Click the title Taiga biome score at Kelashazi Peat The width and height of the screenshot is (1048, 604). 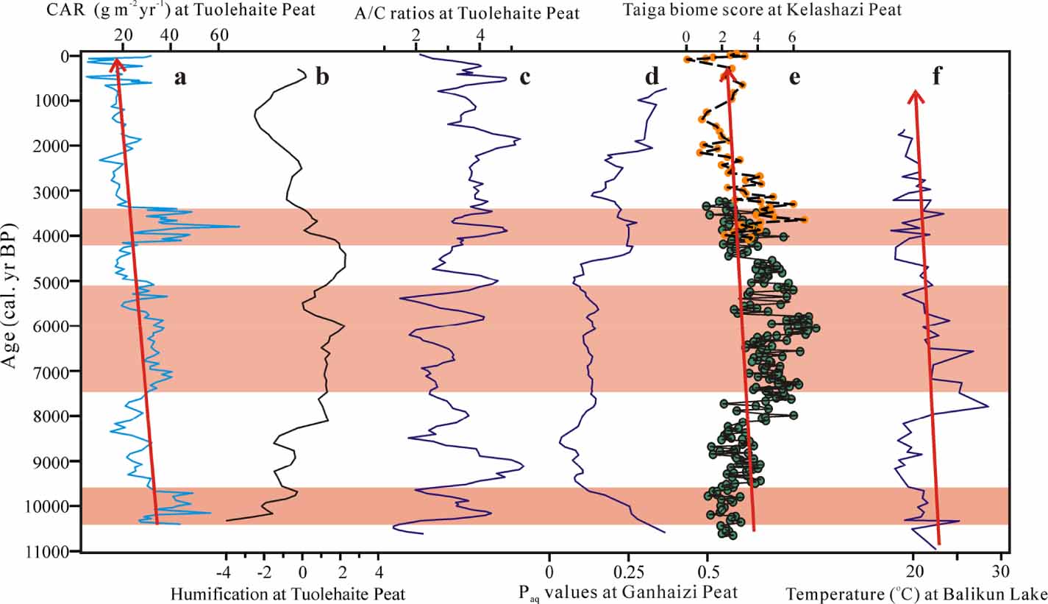tap(761, 10)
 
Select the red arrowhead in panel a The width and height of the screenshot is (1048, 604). tap(115, 64)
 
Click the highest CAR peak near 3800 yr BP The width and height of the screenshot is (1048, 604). tap(238, 227)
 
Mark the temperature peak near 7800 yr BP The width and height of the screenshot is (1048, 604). tap(988, 406)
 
